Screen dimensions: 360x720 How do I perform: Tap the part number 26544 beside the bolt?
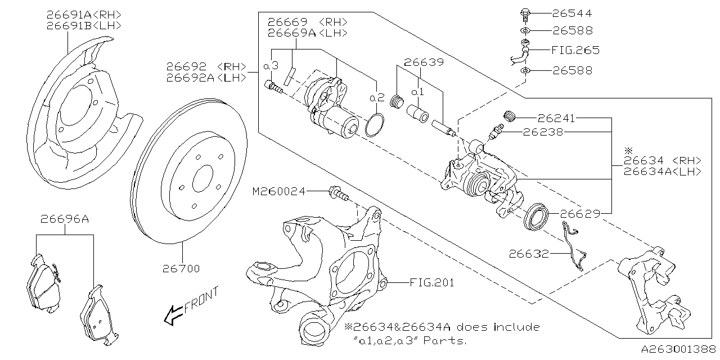point(572,13)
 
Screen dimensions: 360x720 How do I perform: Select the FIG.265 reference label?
point(575,50)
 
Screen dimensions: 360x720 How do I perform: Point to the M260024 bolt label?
point(279,192)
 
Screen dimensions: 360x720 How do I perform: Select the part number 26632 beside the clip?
point(529,254)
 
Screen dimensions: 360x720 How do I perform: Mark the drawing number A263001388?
point(679,349)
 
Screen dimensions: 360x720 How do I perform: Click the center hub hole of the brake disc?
point(202,179)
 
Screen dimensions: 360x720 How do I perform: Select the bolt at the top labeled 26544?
point(525,12)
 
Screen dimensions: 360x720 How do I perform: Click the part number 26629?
point(579,214)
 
